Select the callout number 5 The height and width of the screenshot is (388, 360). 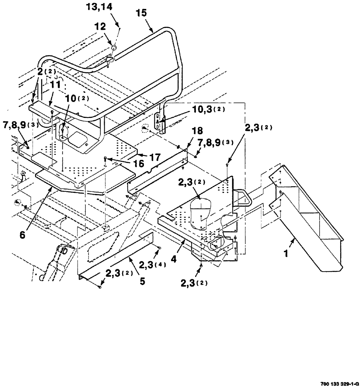pos(142,281)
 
